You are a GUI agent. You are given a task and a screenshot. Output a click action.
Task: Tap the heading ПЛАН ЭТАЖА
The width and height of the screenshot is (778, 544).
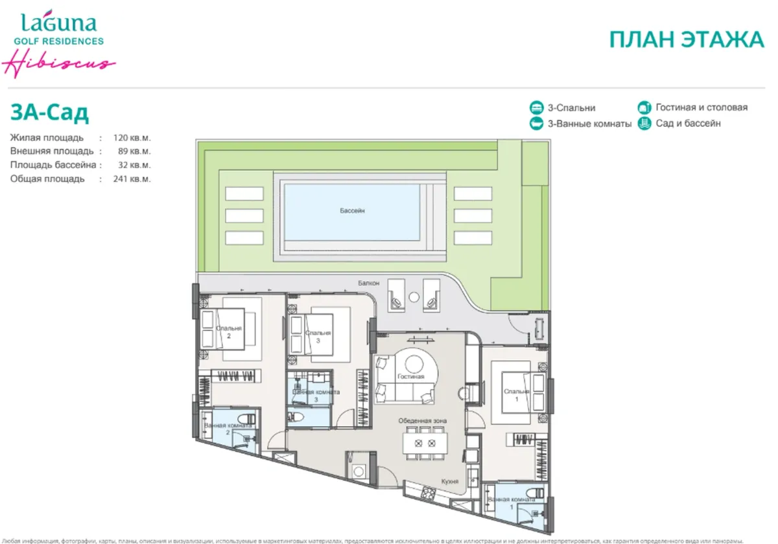(687, 40)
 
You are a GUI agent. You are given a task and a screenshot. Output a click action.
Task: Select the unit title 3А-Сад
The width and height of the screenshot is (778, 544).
(49, 113)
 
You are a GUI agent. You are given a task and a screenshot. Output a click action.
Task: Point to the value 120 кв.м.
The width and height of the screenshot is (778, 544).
(132, 138)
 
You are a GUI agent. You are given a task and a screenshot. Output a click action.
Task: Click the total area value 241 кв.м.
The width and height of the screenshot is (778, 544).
(132, 179)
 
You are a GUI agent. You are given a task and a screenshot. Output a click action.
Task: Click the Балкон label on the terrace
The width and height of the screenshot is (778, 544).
(367, 283)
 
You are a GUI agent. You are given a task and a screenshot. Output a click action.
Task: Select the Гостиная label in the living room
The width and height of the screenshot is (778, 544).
(412, 376)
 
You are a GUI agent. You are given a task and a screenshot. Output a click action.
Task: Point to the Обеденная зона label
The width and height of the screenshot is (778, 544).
(422, 421)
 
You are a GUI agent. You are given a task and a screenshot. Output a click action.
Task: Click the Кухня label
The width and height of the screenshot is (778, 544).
(450, 482)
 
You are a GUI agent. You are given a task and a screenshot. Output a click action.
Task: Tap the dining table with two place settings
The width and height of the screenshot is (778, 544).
(425, 444)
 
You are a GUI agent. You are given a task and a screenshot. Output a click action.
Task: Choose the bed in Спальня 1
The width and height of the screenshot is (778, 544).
(512, 392)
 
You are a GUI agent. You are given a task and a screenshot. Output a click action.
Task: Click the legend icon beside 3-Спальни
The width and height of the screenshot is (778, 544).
(536, 108)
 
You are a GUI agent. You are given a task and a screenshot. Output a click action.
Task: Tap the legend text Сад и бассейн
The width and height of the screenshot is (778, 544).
(688, 123)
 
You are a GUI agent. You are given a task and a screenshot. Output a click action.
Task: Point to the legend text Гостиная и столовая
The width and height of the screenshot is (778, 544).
(701, 108)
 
